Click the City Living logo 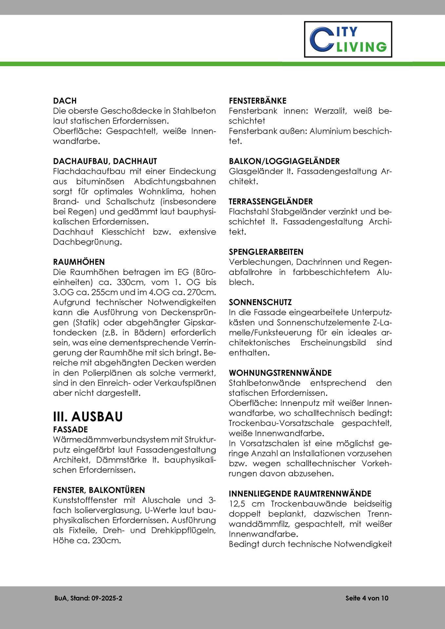point(348,39)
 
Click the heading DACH point(65,101)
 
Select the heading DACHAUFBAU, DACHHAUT point(105,161)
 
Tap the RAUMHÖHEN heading point(79,262)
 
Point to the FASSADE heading point(70,429)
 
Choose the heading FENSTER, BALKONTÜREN point(99,490)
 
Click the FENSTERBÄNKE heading point(258,101)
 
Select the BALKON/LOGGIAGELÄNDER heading point(284,161)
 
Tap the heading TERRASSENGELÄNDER point(271,201)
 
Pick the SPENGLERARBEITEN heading point(266,252)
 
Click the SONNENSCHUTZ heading point(260,302)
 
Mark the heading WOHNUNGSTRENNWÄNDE point(280,373)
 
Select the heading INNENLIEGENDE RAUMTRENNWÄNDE point(300,494)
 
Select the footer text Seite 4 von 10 point(367,598)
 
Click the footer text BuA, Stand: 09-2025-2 point(88,598)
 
